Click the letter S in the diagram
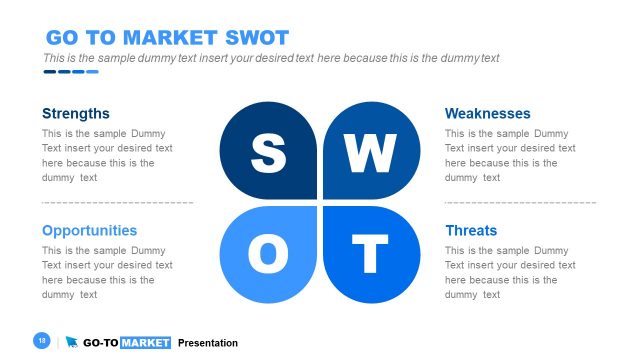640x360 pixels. [x=267, y=153]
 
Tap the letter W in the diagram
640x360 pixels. [x=370, y=153]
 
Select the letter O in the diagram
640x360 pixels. [x=267, y=255]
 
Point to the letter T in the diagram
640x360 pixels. [x=370, y=255]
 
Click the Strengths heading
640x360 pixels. [x=76, y=113]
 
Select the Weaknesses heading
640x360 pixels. [x=487, y=113]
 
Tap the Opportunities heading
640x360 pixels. [x=89, y=230]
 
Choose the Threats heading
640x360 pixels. [x=471, y=230]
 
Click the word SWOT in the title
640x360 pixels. [x=256, y=38]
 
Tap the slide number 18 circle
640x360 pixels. [x=42, y=341]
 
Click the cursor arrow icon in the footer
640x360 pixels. [x=72, y=342]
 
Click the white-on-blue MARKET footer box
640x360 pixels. [x=146, y=343]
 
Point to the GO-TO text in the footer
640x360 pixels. [x=100, y=343]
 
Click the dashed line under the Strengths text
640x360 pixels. [x=118, y=202]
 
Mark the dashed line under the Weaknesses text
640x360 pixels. [x=520, y=202]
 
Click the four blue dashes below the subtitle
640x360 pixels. [x=70, y=71]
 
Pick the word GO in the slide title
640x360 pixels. [x=62, y=38]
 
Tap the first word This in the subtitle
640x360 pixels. [x=54, y=58]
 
